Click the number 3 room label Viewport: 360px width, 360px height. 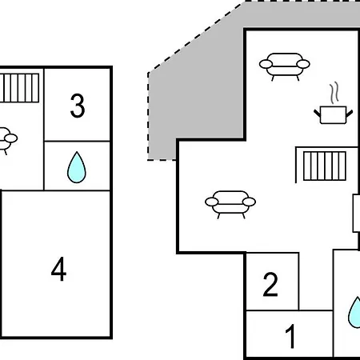tap(78, 106)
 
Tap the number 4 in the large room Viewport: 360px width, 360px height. tap(58, 269)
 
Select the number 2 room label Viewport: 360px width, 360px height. tap(270, 284)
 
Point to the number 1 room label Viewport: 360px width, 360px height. tap(290, 336)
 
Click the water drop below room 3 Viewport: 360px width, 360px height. tap(77, 167)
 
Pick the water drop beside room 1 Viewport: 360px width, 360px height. tap(354, 313)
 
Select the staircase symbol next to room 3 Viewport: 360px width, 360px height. tap(19, 88)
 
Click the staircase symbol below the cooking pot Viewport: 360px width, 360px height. tap(325, 166)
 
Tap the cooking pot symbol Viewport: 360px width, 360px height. tap(333, 115)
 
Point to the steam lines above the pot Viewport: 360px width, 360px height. tap(334, 93)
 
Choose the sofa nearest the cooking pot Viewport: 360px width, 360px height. tap(285, 66)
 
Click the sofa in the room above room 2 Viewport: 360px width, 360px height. tap(230, 205)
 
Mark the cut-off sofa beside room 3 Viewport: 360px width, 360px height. tap(8, 138)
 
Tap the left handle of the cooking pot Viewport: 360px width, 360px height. tap(317, 113)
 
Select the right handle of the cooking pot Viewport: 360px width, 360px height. tap(350, 113)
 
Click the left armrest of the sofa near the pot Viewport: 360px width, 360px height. tap(266, 64)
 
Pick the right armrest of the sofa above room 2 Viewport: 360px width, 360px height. tap(250, 202)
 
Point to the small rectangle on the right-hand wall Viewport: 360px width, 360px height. tap(356, 214)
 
